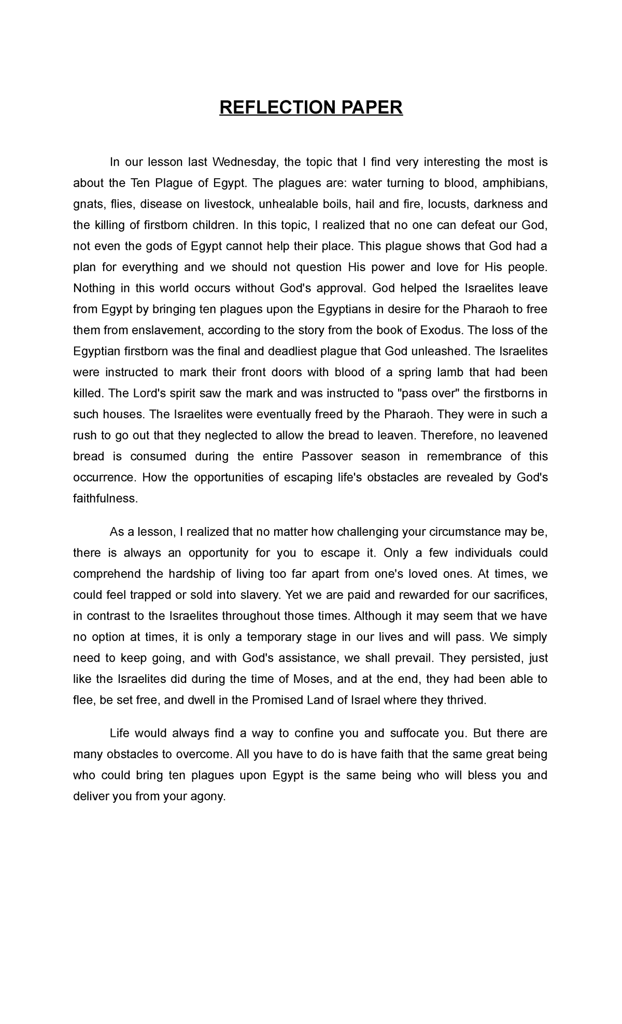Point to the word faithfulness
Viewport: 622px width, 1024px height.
pyautogui.click(x=106, y=499)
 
